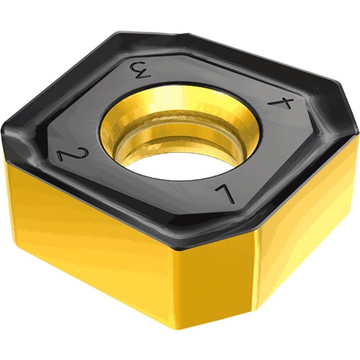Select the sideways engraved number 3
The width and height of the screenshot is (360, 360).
tap(140, 70)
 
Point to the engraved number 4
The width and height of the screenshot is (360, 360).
tap(280, 103)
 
